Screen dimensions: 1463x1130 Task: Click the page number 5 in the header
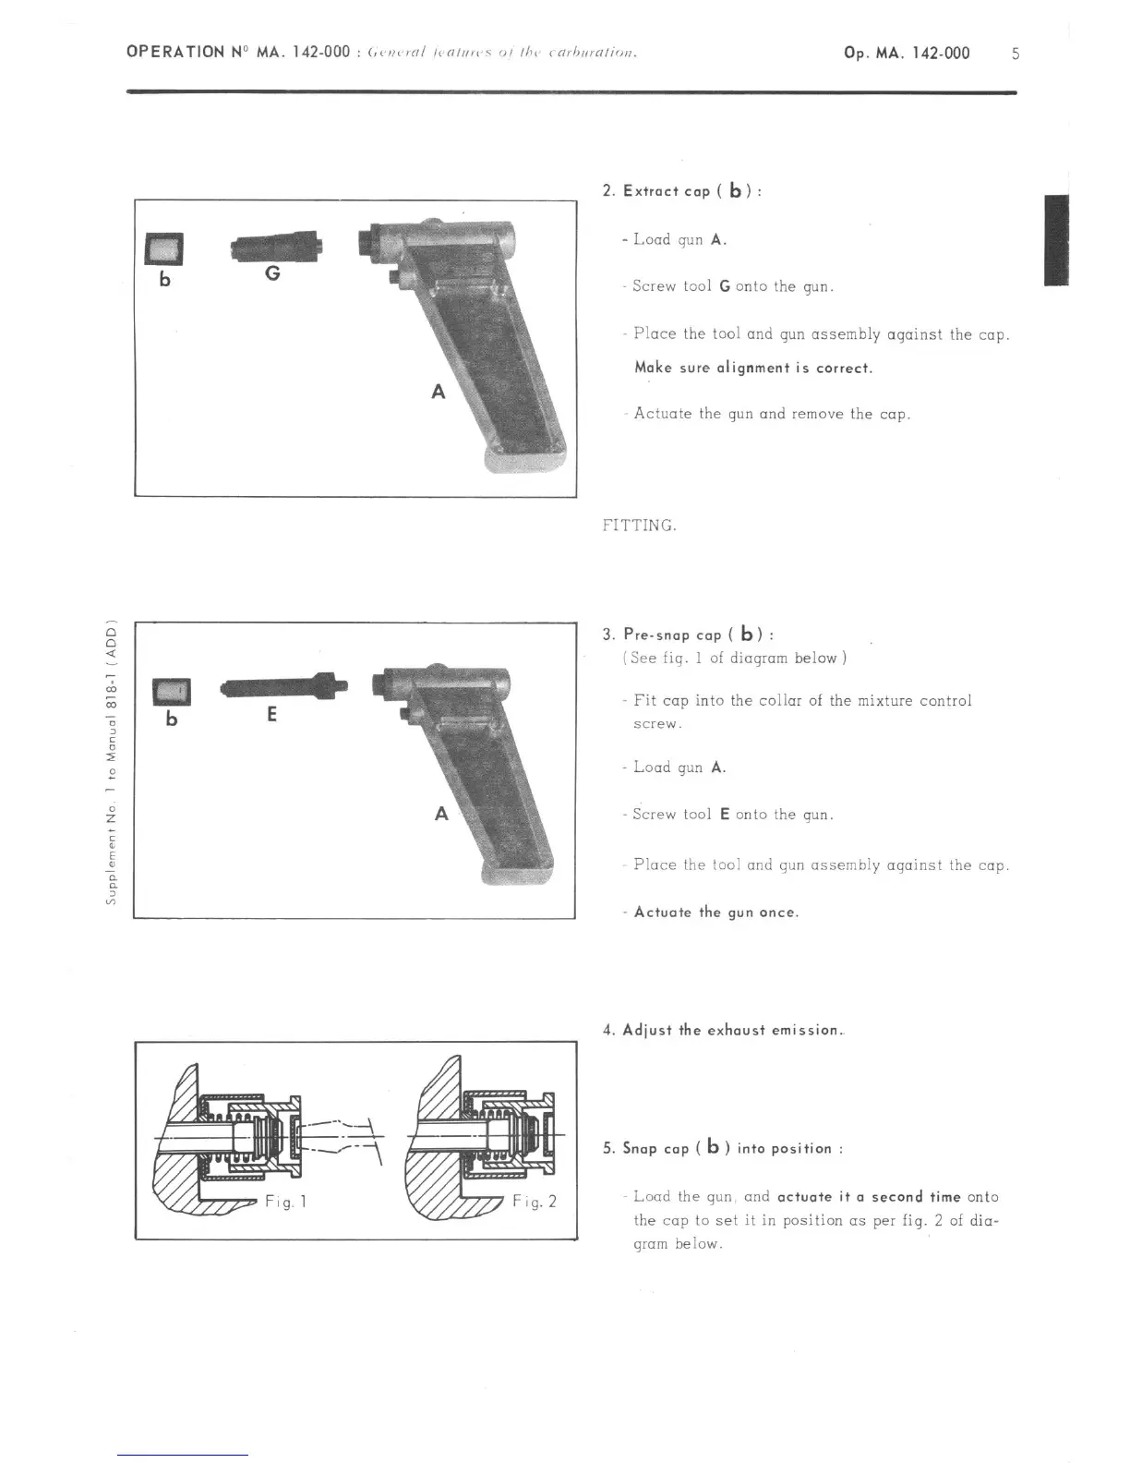[1016, 54]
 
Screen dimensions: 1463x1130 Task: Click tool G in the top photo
[276, 247]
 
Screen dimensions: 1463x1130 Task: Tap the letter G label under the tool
[272, 274]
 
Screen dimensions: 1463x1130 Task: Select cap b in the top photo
[165, 248]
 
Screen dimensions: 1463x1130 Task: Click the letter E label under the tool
[271, 714]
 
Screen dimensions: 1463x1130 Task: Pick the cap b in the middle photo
[172, 690]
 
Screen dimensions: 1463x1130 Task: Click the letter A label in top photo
[439, 392]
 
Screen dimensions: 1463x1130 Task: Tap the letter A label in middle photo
[441, 814]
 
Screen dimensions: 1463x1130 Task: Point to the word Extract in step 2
[651, 191]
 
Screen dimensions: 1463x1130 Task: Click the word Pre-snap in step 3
[657, 635]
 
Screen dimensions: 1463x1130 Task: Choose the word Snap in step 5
[641, 1148]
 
